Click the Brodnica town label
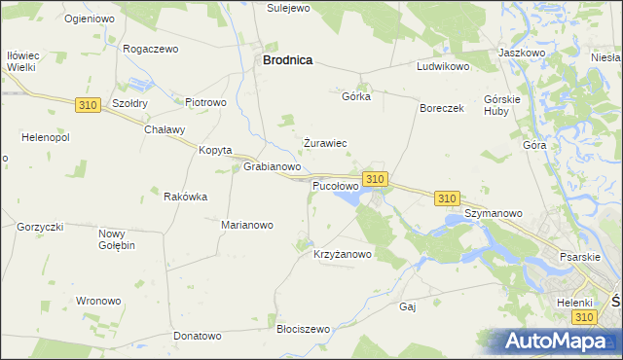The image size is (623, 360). pyautogui.click(x=287, y=59)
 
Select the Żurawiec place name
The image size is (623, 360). pyautogui.click(x=325, y=143)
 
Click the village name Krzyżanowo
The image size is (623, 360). pyautogui.click(x=343, y=255)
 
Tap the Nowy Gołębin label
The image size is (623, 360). pyautogui.click(x=117, y=239)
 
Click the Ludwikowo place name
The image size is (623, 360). pyautogui.click(x=443, y=67)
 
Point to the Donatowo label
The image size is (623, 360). pyautogui.click(x=198, y=336)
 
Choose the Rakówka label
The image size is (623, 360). pyautogui.click(x=185, y=197)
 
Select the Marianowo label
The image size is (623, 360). pyautogui.click(x=247, y=225)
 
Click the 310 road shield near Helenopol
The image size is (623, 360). pyautogui.click(x=87, y=104)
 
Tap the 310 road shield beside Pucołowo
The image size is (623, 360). pyautogui.click(x=376, y=179)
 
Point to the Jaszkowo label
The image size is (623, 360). pyautogui.click(x=520, y=52)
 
